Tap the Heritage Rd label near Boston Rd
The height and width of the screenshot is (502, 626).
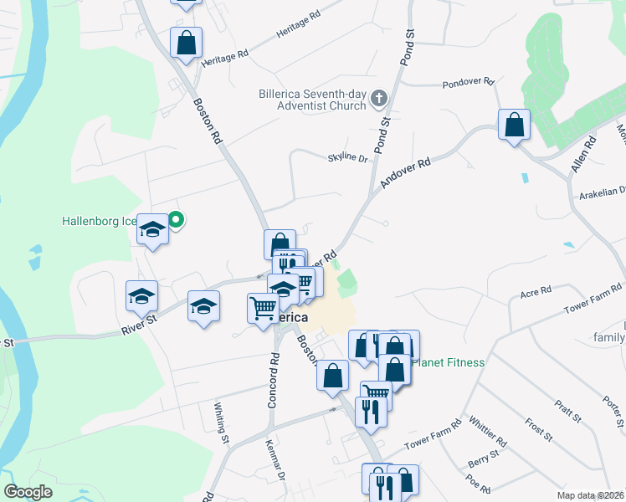(x=225, y=54)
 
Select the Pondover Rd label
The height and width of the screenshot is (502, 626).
(x=469, y=83)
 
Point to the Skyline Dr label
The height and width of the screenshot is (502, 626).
(x=346, y=156)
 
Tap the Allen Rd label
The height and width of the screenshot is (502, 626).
(x=582, y=155)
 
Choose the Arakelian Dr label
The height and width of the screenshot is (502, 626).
(x=602, y=195)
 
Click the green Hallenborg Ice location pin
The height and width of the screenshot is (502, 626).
(x=176, y=220)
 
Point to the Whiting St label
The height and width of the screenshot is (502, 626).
(x=221, y=422)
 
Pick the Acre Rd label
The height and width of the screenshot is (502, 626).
(x=536, y=292)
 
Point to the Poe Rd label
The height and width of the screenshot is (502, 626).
(x=480, y=484)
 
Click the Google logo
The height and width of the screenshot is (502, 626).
(x=28, y=492)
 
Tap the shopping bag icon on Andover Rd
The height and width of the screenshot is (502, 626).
(x=514, y=125)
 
